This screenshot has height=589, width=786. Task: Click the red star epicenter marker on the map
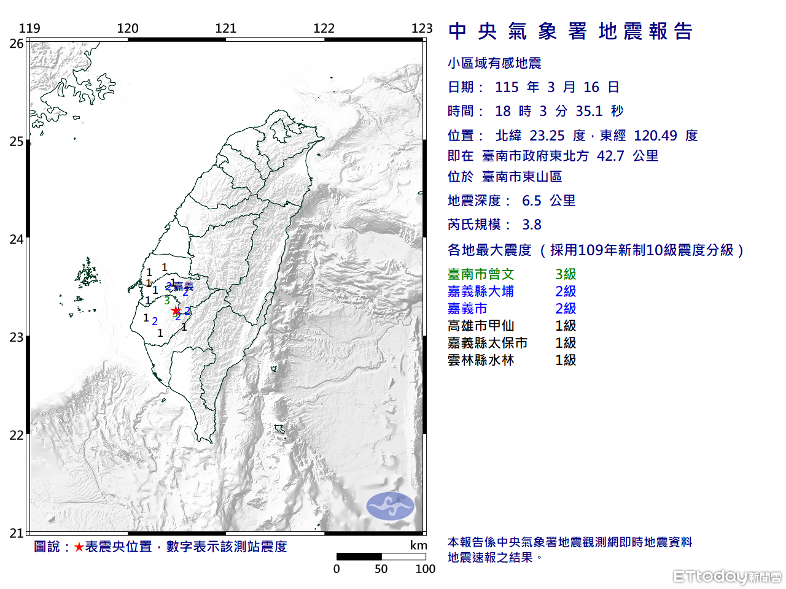click(x=176, y=310)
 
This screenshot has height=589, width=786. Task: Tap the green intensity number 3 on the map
click(x=167, y=301)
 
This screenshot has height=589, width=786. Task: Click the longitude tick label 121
click(x=226, y=28)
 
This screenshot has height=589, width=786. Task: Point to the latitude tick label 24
click(x=17, y=239)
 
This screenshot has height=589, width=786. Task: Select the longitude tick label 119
click(x=29, y=28)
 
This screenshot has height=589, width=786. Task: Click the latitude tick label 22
click(x=17, y=436)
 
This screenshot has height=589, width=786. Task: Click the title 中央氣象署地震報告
click(x=570, y=31)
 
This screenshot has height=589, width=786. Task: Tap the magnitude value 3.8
click(x=532, y=225)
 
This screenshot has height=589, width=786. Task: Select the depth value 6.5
click(x=532, y=201)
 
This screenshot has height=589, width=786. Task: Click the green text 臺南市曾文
click(x=481, y=274)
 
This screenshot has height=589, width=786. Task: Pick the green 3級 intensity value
click(x=566, y=274)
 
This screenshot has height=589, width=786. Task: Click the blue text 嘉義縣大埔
click(x=481, y=291)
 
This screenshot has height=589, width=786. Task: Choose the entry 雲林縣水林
click(x=481, y=360)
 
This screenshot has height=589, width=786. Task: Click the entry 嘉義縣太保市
click(x=488, y=343)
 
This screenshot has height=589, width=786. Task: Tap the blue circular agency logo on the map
click(x=391, y=506)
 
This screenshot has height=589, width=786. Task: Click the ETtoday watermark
click(x=727, y=576)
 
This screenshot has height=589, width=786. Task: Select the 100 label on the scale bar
click(x=425, y=569)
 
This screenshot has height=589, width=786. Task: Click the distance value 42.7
click(x=610, y=156)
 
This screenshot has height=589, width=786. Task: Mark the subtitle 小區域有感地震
click(x=494, y=63)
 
